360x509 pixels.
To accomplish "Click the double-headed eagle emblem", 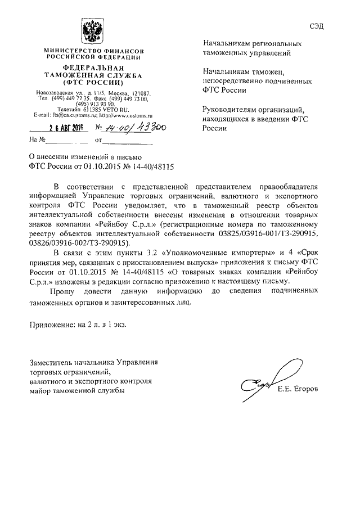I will tap(92, 29).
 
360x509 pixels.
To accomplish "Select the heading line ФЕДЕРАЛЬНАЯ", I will tap(93, 67).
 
